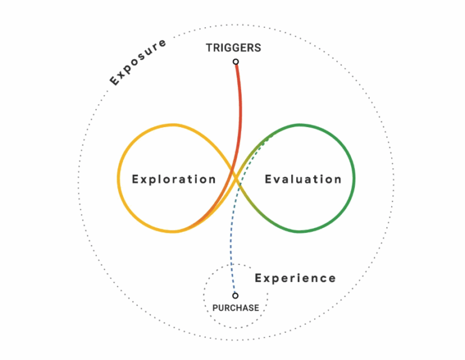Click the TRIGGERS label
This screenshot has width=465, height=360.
(x=233, y=48)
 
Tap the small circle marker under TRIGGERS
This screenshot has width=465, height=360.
(x=236, y=62)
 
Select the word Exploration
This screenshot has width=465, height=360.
(x=174, y=180)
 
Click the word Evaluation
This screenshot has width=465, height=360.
(x=303, y=179)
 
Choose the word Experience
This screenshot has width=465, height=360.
(x=295, y=278)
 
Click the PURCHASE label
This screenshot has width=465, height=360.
(x=236, y=308)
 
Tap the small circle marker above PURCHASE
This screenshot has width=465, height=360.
(x=235, y=296)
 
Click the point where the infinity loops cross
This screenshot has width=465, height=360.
(x=236, y=178)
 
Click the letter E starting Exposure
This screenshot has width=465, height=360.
(x=114, y=80)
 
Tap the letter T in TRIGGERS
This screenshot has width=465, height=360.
(x=209, y=48)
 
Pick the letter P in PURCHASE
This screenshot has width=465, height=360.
(x=216, y=308)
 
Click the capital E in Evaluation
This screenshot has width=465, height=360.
(x=268, y=179)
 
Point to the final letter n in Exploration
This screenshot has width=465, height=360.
(x=213, y=181)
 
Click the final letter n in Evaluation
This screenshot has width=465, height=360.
(x=338, y=181)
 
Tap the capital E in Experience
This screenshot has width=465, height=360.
(x=259, y=278)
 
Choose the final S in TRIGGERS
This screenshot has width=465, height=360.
(x=258, y=48)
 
